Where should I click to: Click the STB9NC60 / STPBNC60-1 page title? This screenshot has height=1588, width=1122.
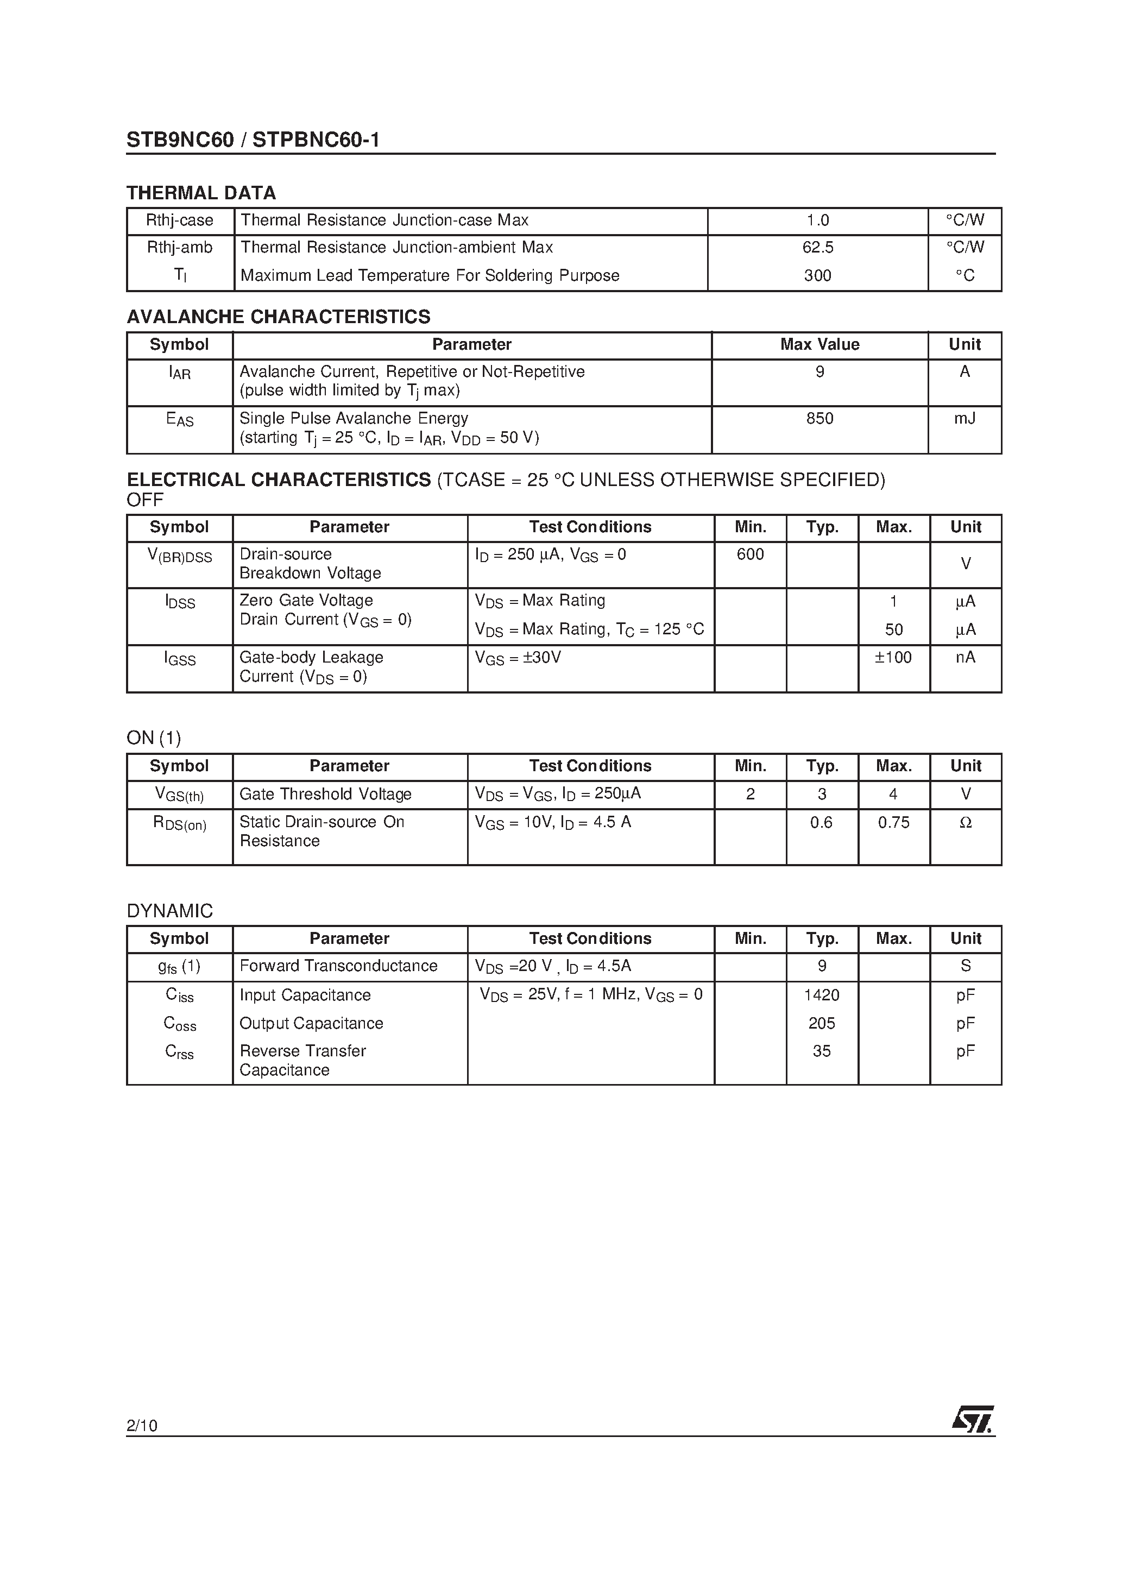(253, 141)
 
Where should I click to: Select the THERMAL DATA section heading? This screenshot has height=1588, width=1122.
(201, 193)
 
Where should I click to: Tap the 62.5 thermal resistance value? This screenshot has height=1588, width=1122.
(818, 248)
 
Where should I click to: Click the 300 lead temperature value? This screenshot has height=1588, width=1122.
(818, 275)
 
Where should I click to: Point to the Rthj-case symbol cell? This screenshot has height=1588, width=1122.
(180, 220)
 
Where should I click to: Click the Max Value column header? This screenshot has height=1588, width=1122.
(820, 344)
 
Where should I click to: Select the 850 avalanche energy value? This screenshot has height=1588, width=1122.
(820, 418)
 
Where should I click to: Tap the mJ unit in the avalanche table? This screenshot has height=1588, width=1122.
(965, 418)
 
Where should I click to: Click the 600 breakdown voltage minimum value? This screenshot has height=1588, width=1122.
(751, 554)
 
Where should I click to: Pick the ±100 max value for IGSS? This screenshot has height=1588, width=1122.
(893, 657)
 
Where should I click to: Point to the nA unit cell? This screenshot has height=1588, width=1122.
(966, 657)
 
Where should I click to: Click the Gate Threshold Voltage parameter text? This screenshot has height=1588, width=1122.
(325, 794)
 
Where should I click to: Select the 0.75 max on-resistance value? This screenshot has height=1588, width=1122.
(894, 822)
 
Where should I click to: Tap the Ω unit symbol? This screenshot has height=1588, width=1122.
(966, 822)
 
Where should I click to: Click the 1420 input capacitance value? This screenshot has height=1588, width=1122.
(822, 994)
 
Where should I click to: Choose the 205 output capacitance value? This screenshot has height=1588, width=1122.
(822, 1023)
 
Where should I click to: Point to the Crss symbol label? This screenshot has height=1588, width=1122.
(180, 1051)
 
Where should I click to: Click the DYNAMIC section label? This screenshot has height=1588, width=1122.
(169, 911)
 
